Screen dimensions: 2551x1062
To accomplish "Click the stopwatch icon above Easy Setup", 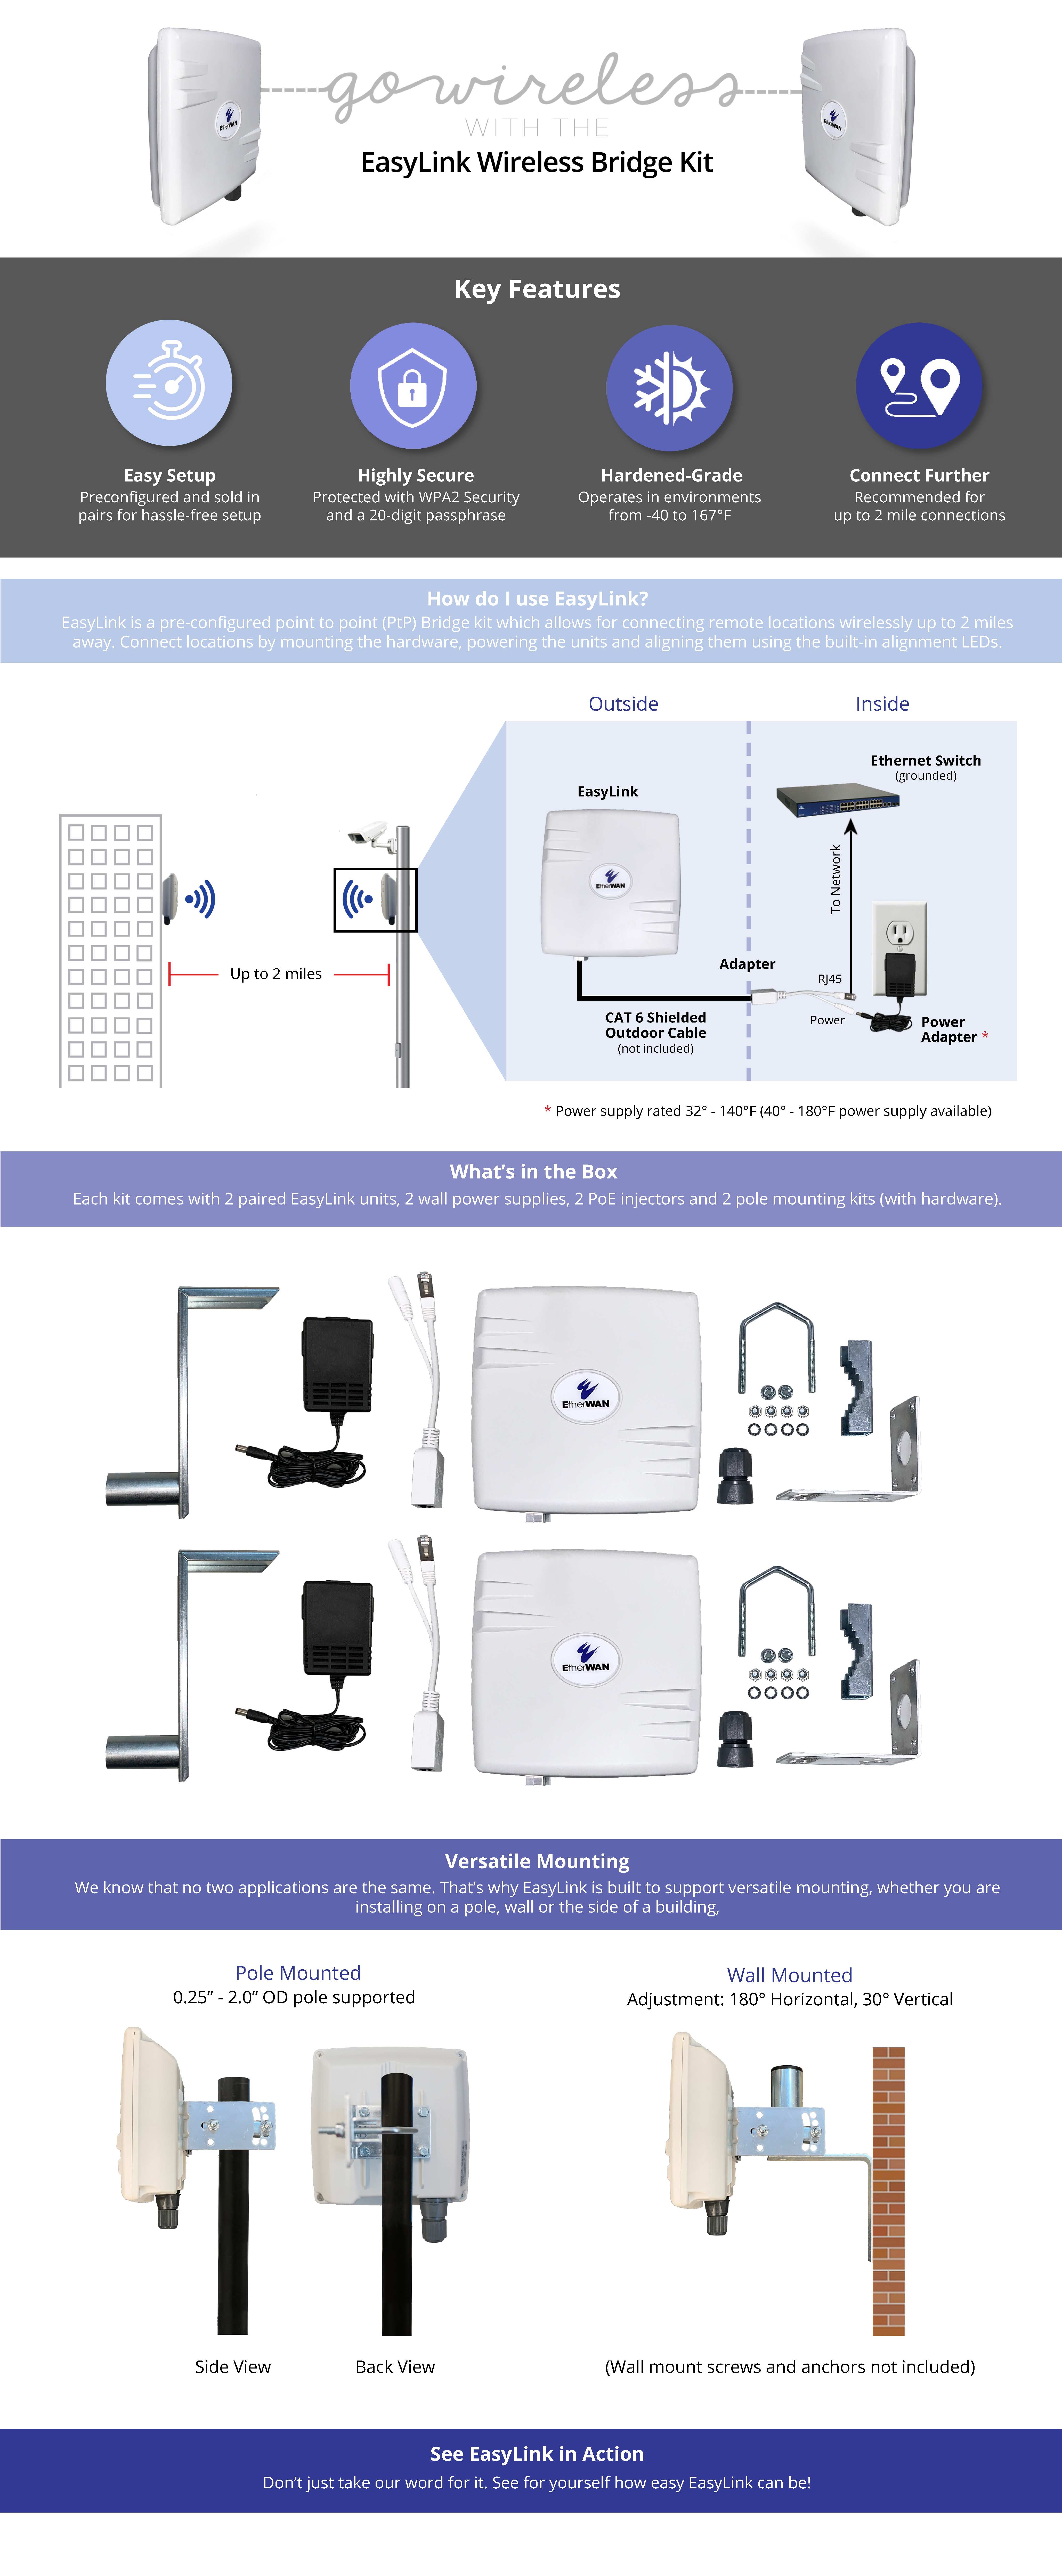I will (x=169, y=383).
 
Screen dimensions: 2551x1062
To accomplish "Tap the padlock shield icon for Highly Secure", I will (x=413, y=385).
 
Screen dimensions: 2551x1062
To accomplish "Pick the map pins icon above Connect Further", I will (x=919, y=386).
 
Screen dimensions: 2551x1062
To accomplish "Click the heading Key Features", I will (x=537, y=289).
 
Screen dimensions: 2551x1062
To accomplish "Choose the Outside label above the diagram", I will (x=623, y=704).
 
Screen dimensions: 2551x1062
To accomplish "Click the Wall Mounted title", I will (x=790, y=1975).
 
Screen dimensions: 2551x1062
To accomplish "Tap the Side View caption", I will (x=233, y=2367).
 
